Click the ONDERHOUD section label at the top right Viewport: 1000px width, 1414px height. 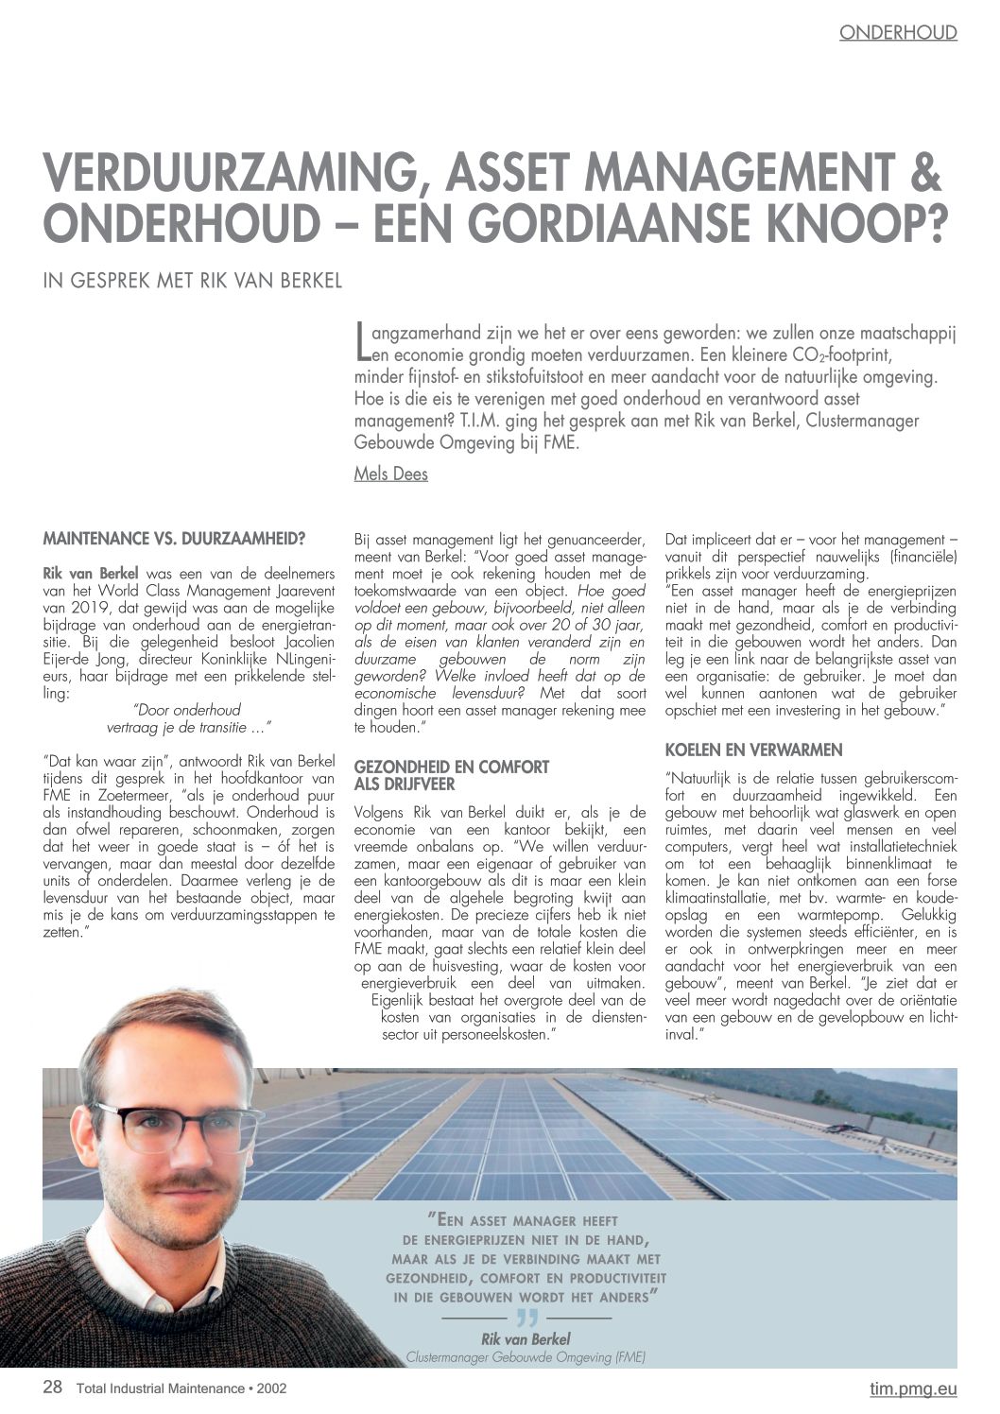(x=898, y=33)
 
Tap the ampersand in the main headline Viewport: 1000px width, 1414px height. (x=927, y=179)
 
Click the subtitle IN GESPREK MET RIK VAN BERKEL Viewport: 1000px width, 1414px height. (x=192, y=282)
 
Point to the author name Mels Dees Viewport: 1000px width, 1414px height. (x=390, y=474)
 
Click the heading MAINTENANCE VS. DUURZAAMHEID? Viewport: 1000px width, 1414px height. (x=174, y=540)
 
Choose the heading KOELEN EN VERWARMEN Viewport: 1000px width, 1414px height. (x=753, y=750)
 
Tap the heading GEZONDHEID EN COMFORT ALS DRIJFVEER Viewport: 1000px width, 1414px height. (x=451, y=775)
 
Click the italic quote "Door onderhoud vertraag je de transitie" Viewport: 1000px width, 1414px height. (x=188, y=717)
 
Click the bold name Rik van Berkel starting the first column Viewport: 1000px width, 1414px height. (x=91, y=573)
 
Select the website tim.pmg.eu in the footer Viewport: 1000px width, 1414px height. (x=913, y=1388)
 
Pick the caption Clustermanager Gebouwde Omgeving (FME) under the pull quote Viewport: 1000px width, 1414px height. (x=526, y=1357)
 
